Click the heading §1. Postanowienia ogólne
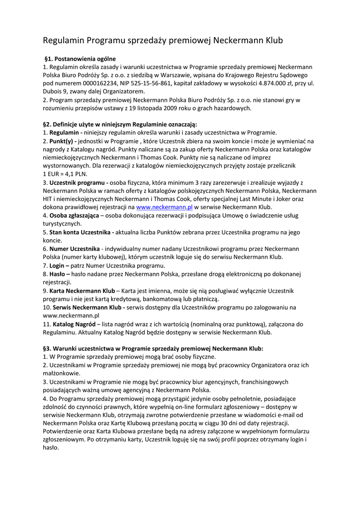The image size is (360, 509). coord(80,58)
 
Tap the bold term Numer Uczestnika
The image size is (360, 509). coord(75,249)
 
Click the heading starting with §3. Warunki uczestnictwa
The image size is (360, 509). coord(153,348)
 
